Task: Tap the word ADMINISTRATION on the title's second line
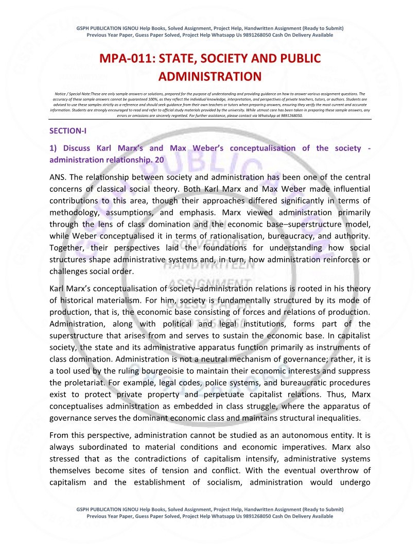click(x=210, y=77)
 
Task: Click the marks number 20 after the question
click(x=159, y=160)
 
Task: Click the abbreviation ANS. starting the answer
click(x=58, y=177)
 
